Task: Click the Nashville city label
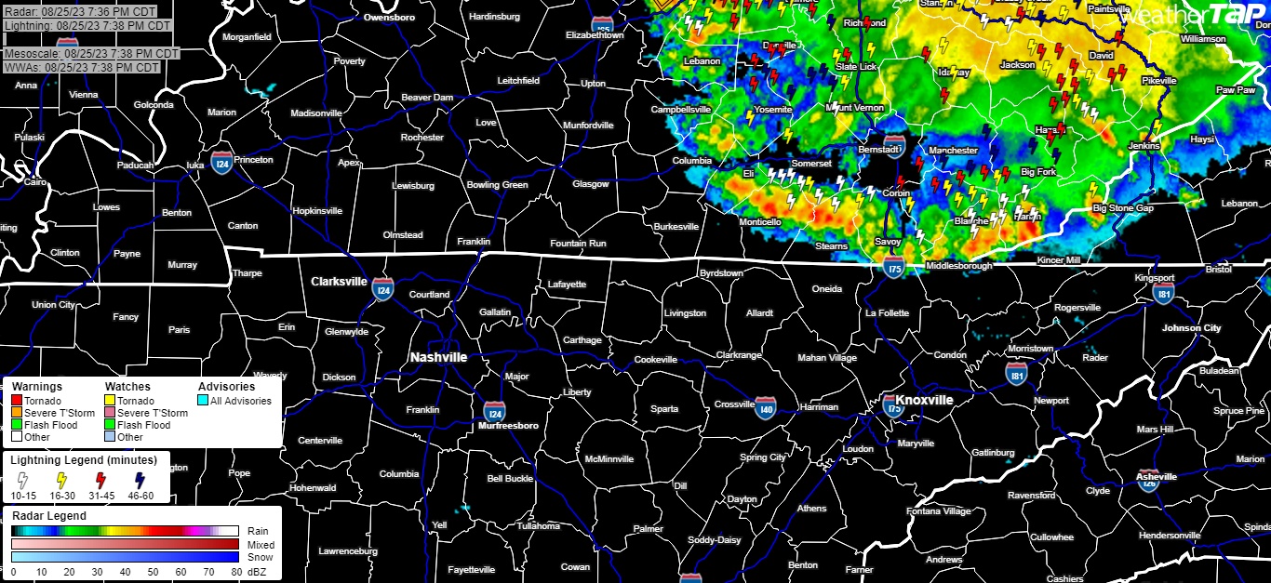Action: click(438, 357)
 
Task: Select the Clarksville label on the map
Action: click(340, 281)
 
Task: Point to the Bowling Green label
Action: click(497, 185)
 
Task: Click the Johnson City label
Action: click(1191, 328)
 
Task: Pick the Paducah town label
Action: click(135, 166)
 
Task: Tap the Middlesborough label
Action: click(959, 267)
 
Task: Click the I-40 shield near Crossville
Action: click(765, 409)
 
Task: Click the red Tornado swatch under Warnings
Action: click(17, 401)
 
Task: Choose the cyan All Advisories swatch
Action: click(203, 401)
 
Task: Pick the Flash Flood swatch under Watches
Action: click(110, 425)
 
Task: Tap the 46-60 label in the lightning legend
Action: click(140, 496)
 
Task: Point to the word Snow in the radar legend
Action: click(257, 557)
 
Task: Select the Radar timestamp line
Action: click(79, 12)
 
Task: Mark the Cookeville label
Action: click(656, 360)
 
